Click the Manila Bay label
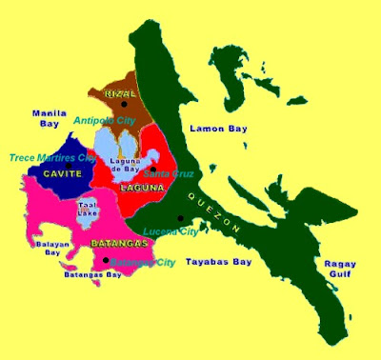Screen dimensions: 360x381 [48, 117]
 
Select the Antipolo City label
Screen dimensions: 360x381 [106, 121]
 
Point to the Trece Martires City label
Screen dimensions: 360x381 [52, 157]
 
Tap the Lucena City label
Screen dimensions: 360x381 [169, 231]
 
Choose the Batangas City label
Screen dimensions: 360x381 [143, 261]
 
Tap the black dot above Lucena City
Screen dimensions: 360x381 [179, 218]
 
